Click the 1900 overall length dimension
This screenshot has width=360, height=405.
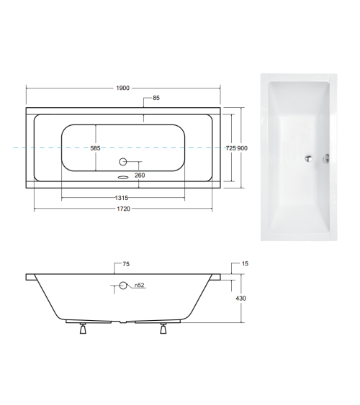(122, 88)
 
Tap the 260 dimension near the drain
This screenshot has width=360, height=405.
(140, 176)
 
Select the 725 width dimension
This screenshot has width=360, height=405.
(230, 147)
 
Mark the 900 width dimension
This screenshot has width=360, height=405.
(243, 147)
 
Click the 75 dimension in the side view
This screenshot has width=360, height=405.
(127, 265)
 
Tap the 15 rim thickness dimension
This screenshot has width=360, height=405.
(246, 265)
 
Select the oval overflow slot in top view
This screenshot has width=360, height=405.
(122, 174)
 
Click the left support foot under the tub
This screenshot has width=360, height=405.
(83, 329)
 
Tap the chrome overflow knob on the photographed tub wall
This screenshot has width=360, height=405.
(327, 160)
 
